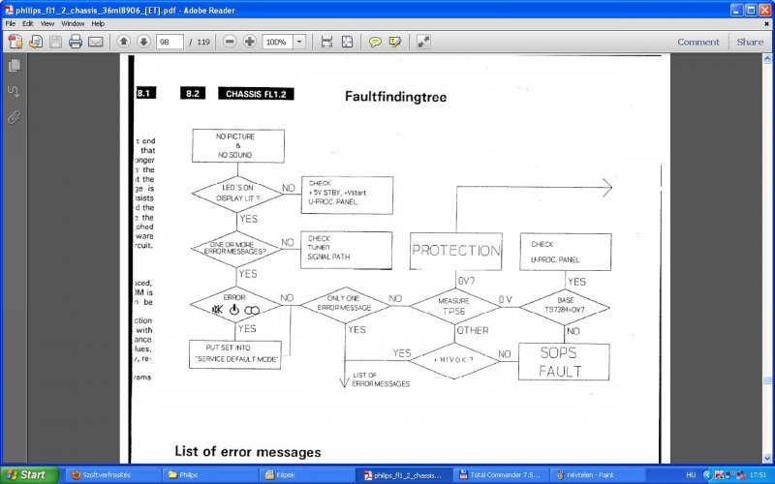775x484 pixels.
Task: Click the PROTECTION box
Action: [455, 251]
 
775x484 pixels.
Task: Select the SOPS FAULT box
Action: [560, 361]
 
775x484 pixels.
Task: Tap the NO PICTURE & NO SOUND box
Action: [237, 145]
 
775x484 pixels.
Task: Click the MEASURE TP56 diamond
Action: [455, 306]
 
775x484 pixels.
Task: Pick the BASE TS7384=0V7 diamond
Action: [565, 306]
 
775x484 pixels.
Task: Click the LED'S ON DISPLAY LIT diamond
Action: [236, 194]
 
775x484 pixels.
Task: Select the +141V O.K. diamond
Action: [455, 360]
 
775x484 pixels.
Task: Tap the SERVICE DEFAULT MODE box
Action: [236, 353]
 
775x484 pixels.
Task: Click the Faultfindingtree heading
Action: [395, 97]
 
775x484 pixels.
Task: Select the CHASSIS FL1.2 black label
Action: [256, 94]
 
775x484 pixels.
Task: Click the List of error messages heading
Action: [247, 451]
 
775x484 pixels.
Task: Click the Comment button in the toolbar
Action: [697, 42]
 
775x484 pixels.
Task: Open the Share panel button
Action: [750, 42]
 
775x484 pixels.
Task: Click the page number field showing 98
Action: [170, 42]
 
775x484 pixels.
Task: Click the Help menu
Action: [98, 22]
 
